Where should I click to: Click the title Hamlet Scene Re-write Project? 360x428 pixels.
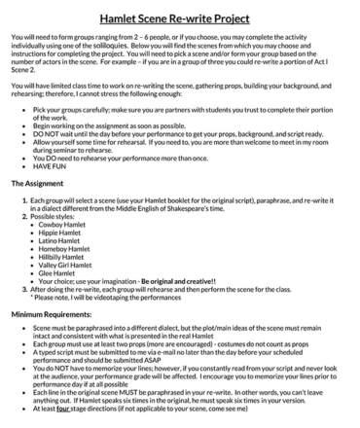180,18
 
